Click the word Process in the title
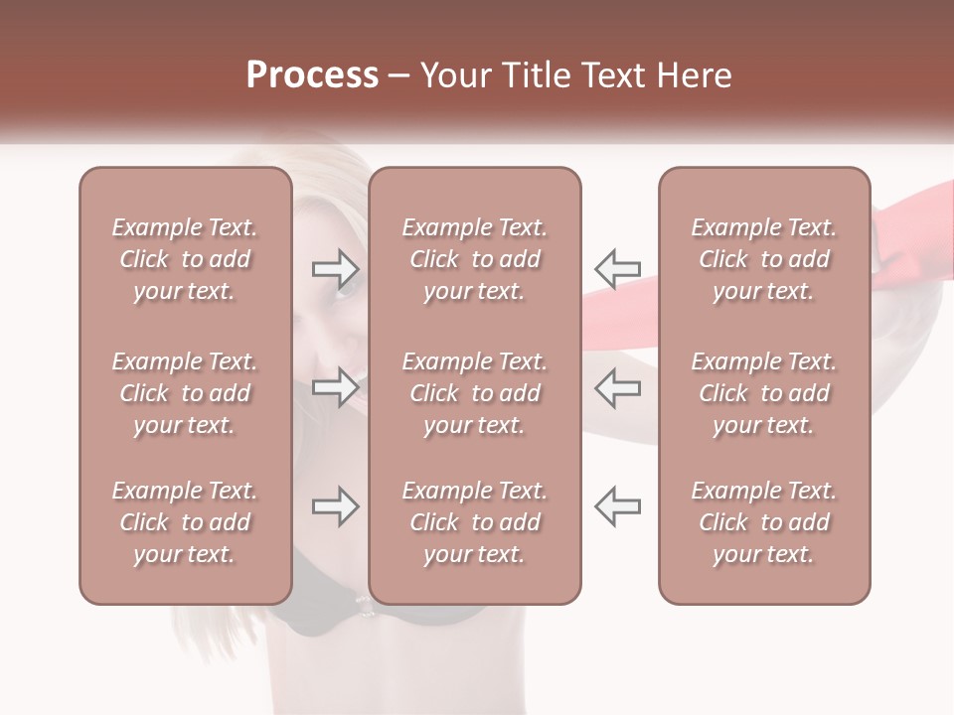click(x=312, y=75)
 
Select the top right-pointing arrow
click(x=336, y=267)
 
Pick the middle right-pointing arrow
click(x=336, y=387)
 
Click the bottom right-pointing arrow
click(x=336, y=506)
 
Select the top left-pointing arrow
click(x=617, y=267)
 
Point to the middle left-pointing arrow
click(x=617, y=387)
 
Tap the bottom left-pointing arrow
click(x=617, y=506)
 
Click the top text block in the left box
click(x=185, y=259)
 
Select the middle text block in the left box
click(x=185, y=393)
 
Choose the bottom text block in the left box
click(x=185, y=522)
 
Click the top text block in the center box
click(x=474, y=259)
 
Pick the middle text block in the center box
click(x=474, y=393)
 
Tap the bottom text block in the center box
click(x=474, y=522)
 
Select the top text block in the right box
click(x=763, y=259)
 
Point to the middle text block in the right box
click(x=763, y=393)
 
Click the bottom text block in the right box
click(x=763, y=522)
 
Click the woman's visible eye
click(x=347, y=289)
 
